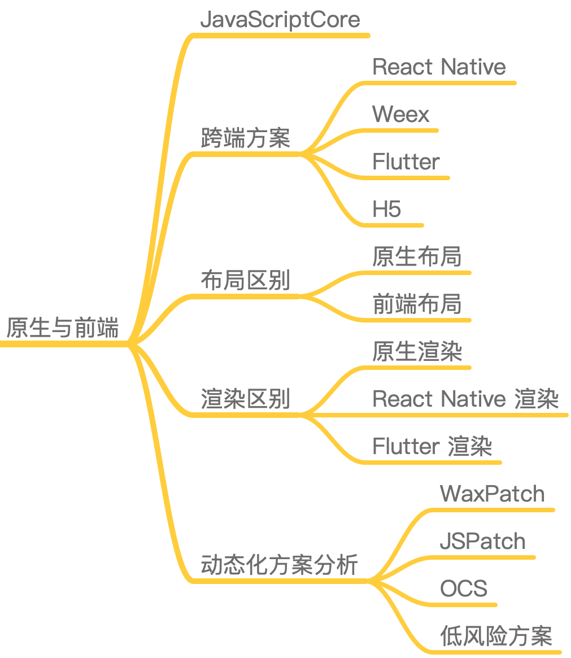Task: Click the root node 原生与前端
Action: (63, 328)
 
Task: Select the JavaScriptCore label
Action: (280, 20)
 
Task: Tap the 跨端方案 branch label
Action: (246, 138)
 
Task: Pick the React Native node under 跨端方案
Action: (439, 67)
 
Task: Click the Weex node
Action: (401, 115)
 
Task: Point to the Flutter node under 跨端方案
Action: (406, 162)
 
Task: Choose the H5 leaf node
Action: (387, 210)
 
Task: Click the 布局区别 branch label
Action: (246, 280)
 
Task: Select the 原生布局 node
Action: (417, 257)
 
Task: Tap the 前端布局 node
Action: (417, 304)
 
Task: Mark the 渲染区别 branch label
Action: (246, 399)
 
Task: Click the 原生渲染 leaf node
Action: (417, 352)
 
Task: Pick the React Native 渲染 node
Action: (465, 399)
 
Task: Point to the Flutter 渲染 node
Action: (432, 447)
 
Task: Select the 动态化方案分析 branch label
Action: (280, 565)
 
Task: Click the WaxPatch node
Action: (492, 494)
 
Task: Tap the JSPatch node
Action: (482, 542)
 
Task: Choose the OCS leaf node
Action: (463, 589)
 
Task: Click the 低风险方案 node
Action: (496, 637)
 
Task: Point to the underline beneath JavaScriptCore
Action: (282, 35)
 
